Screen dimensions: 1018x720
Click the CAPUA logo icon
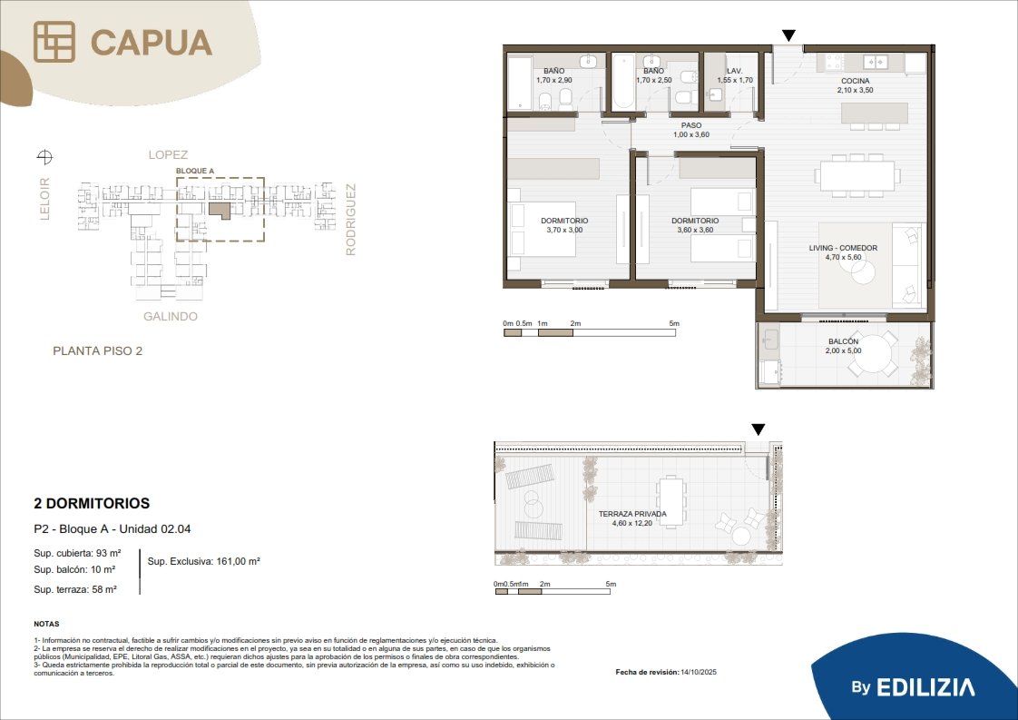(54, 42)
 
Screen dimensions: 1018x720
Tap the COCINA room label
(855, 81)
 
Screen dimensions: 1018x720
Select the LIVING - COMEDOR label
(843, 248)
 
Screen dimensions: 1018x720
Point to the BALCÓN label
(844, 341)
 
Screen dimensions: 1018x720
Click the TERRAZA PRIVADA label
(632, 514)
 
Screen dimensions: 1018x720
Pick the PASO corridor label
(691, 125)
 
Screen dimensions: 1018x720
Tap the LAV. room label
(735, 71)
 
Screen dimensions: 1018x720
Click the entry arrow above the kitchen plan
(788, 35)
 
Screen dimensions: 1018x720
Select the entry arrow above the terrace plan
(759, 429)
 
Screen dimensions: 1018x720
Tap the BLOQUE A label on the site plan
(195, 171)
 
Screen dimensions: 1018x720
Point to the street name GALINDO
(170, 317)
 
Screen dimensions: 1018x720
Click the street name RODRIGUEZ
(350, 220)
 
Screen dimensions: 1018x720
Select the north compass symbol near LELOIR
(44, 156)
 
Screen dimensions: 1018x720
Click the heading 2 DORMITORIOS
(92, 504)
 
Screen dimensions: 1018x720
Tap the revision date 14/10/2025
(699, 672)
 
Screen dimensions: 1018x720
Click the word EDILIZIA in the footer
(925, 687)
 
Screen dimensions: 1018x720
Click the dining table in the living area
(857, 175)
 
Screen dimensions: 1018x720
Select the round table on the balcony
(873, 354)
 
